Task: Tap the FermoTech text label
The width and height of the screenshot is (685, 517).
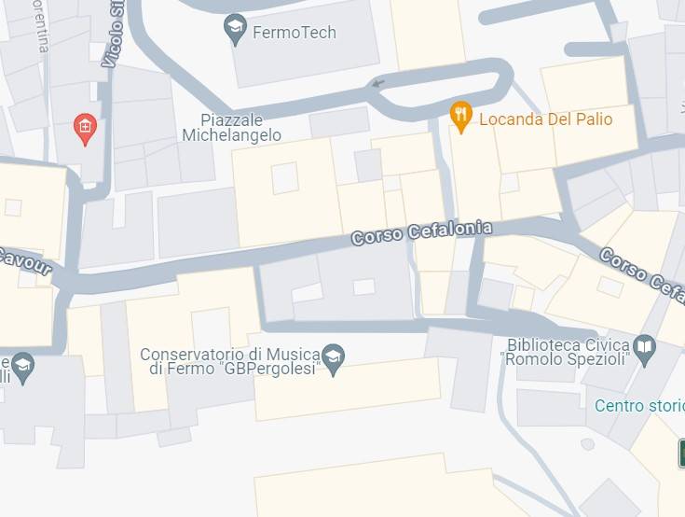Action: click(x=295, y=33)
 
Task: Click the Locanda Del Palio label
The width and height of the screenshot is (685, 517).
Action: click(x=546, y=119)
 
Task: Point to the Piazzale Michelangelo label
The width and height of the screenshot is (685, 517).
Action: click(x=232, y=128)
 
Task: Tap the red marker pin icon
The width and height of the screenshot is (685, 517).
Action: click(x=85, y=128)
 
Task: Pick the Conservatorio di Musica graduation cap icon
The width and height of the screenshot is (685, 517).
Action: click(x=333, y=356)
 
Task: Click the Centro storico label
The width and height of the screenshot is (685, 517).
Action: click(x=639, y=406)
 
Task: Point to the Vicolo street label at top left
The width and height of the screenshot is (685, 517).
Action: click(x=116, y=35)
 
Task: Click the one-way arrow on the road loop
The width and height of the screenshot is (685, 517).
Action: click(x=377, y=84)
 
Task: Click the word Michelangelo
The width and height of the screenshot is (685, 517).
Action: click(x=232, y=135)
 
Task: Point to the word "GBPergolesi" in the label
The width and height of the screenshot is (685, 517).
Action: click(x=279, y=370)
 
